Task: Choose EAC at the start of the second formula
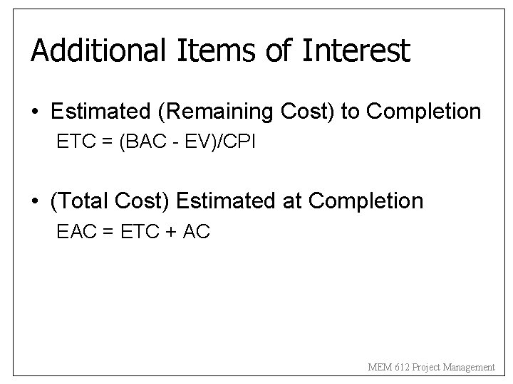point(73,232)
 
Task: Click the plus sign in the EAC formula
point(167,233)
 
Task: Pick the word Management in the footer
point(469,367)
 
